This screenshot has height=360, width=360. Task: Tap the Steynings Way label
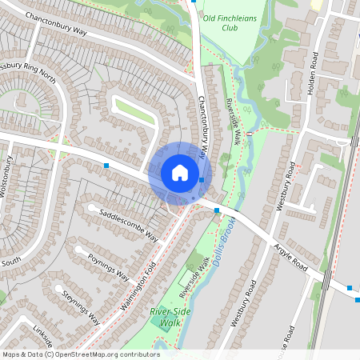[x=81, y=306]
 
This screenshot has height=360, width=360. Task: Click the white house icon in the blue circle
[x=179, y=172]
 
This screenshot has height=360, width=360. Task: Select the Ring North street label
[x=32, y=72]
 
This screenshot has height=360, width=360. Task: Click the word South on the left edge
[x=10, y=262]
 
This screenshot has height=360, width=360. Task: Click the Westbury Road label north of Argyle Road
[x=286, y=186]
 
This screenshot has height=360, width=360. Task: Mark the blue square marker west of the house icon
[x=106, y=165]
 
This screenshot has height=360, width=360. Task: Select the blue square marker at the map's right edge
[x=350, y=287]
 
